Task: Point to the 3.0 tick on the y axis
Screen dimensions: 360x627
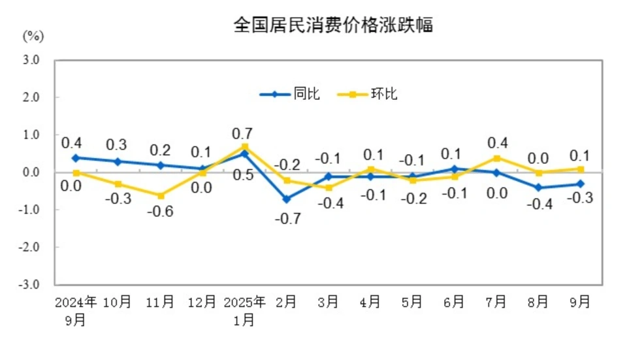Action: click(32, 60)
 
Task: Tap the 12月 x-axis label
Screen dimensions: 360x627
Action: click(202, 302)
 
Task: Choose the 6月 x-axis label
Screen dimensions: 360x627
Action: click(454, 302)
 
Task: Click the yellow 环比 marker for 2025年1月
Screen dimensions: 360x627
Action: click(245, 146)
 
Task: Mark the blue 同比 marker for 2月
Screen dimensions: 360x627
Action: click(287, 199)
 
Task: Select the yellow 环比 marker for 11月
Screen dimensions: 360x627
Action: click(161, 195)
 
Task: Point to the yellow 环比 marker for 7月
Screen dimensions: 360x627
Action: click(496, 158)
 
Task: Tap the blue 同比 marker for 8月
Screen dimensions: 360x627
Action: click(538, 188)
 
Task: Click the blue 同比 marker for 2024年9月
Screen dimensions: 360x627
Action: click(76, 157)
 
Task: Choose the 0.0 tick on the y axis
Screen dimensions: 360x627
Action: click(32, 172)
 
